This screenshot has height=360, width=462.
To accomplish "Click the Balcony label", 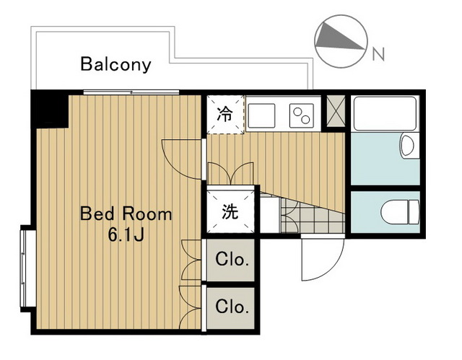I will pyautogui.click(x=115, y=64).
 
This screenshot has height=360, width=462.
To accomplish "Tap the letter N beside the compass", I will pyautogui.click(x=377, y=53).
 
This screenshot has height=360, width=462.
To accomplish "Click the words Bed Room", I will pyautogui.click(x=126, y=214).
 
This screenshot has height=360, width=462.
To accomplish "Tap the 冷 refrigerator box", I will pyautogui.click(x=226, y=115).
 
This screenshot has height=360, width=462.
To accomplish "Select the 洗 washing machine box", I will pyautogui.click(x=230, y=212).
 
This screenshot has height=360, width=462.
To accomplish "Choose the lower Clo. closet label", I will pyautogui.click(x=232, y=307).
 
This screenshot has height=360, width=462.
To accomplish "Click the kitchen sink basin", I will pyautogui.click(x=263, y=114).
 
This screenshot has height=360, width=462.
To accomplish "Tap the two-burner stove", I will pyautogui.click(x=300, y=114).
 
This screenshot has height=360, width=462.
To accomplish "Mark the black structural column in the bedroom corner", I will pyautogui.click(x=48, y=109).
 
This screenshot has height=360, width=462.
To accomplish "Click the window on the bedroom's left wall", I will pyautogui.click(x=26, y=267).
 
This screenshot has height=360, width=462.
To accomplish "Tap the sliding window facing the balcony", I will pyautogui.click(x=131, y=92).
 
